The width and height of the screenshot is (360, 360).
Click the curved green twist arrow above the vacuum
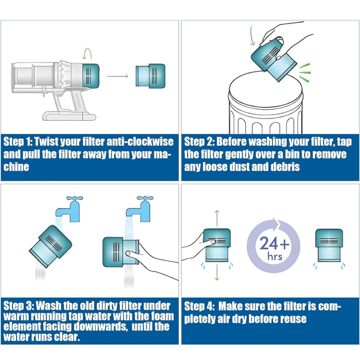88,53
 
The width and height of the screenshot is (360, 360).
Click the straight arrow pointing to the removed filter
117,76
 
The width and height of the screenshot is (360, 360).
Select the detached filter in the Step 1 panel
150,76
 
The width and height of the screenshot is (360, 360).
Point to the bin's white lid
266,88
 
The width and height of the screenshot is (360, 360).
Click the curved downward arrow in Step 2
252,36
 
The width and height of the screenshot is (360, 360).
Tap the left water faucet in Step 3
69,209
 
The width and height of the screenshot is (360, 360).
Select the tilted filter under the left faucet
50,246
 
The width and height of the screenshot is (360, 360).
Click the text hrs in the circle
274,256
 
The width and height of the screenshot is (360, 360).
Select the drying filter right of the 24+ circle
329,245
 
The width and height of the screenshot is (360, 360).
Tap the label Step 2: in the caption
199,141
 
